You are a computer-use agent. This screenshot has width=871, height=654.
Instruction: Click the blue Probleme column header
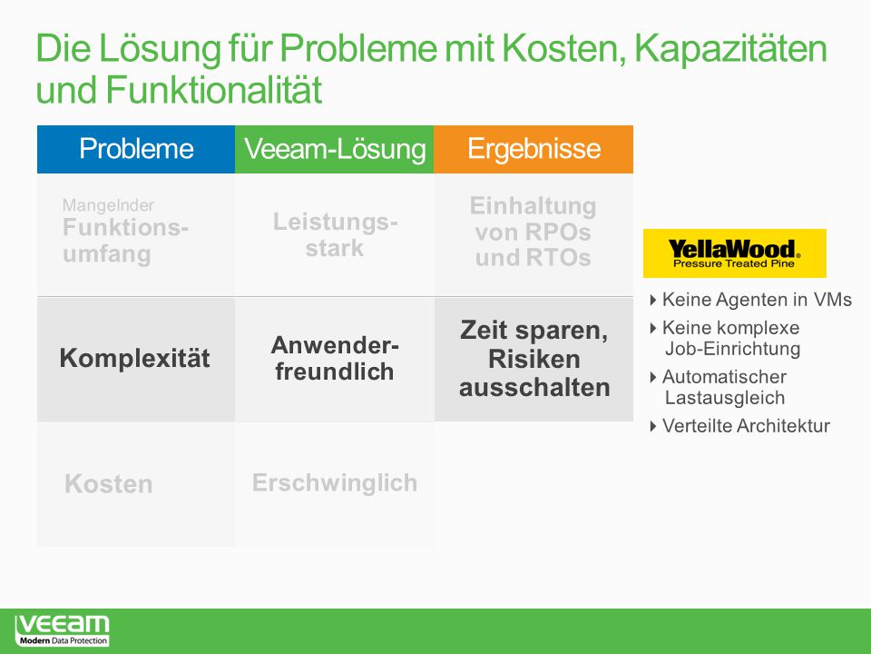pyautogui.click(x=136, y=149)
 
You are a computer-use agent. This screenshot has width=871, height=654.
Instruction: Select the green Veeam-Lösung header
pyautogui.click(x=335, y=149)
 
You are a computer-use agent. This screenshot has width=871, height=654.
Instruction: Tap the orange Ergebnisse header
pyautogui.click(x=533, y=149)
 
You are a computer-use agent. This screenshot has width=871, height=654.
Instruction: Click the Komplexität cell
pyautogui.click(x=136, y=360)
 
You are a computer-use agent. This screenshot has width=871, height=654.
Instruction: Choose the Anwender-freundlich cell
pyautogui.click(x=335, y=360)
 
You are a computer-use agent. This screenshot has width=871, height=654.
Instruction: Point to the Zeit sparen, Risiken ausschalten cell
pyautogui.click(x=533, y=360)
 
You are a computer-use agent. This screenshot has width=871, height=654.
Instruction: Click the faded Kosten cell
pyautogui.click(x=136, y=484)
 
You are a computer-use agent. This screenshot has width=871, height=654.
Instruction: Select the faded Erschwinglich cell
pyautogui.click(x=335, y=484)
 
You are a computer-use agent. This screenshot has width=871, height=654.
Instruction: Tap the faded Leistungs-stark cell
pyautogui.click(x=335, y=234)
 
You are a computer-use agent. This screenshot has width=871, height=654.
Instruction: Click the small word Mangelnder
pyautogui.click(x=108, y=205)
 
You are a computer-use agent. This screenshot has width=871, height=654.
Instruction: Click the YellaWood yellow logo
pyautogui.click(x=734, y=253)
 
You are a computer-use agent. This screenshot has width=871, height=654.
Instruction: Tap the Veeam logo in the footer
pyautogui.click(x=63, y=630)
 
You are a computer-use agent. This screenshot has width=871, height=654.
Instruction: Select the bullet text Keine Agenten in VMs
pyautogui.click(x=757, y=300)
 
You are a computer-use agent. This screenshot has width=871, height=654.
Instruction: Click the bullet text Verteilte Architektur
pyautogui.click(x=746, y=426)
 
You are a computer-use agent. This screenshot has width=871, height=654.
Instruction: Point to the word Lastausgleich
pyautogui.click(x=725, y=398)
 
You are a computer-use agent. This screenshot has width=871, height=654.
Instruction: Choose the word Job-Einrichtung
pyautogui.click(x=733, y=349)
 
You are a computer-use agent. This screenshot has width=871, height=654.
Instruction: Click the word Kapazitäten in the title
pyautogui.click(x=731, y=48)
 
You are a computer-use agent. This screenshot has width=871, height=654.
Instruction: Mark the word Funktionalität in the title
pyautogui.click(x=214, y=90)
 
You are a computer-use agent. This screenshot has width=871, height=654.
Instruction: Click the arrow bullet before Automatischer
pyautogui.click(x=653, y=377)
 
